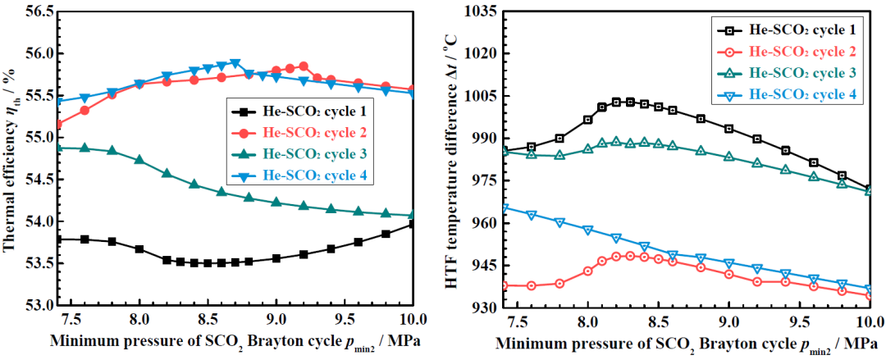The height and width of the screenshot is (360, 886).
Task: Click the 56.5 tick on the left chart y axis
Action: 38,11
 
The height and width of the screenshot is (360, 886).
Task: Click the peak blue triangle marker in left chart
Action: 235,63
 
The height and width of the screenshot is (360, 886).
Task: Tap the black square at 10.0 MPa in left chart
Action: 413,223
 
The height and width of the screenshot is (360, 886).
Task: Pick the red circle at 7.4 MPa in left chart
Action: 58,125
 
